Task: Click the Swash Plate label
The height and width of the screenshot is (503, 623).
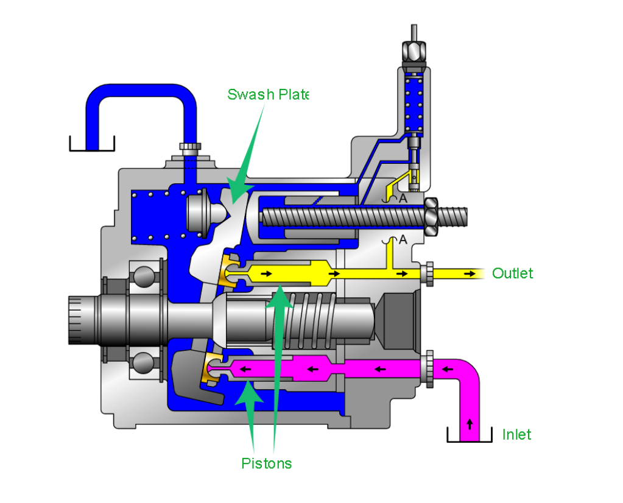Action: (268, 94)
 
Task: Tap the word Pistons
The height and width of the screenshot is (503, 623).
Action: (267, 463)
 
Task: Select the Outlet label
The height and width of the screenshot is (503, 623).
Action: (513, 273)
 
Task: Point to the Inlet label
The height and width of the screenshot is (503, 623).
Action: (516, 434)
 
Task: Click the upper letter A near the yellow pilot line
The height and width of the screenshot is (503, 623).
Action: (403, 199)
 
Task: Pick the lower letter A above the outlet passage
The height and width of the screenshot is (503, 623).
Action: (403, 239)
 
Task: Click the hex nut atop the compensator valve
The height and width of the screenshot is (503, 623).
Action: (414, 51)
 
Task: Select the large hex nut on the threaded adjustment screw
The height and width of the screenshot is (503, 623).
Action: (431, 217)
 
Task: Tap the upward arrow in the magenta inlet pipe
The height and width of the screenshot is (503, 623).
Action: (470, 424)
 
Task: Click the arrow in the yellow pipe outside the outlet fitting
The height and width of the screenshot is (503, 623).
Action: (470, 274)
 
